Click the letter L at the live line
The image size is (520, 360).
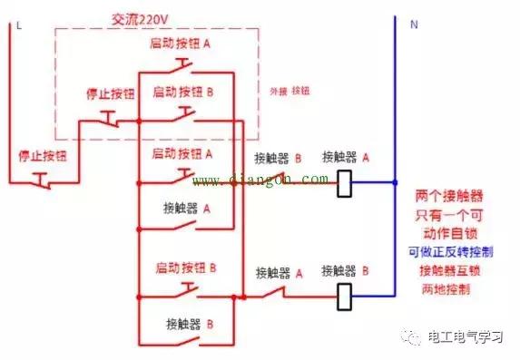coord(18,24)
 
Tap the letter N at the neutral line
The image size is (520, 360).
coord(414,24)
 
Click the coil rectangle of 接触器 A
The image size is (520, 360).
coord(345,183)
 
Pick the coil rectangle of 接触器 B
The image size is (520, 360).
coord(345,295)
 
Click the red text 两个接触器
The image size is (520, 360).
coord(447,196)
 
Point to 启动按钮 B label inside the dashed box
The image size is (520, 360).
coord(183,92)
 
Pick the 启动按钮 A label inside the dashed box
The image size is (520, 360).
coord(183,44)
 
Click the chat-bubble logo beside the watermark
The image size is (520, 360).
coord(413,337)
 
